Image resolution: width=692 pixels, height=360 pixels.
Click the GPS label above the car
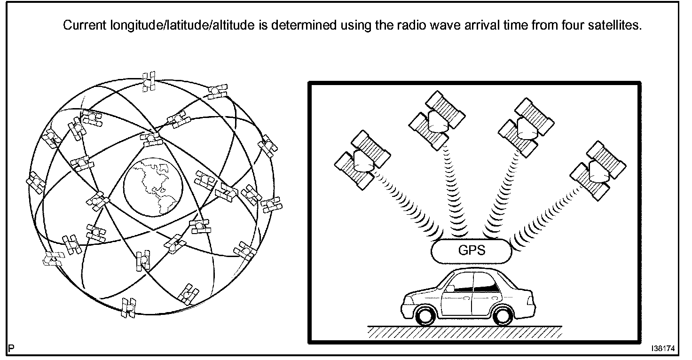coord(471,250)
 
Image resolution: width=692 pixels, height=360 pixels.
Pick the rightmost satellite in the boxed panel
coord(598,168)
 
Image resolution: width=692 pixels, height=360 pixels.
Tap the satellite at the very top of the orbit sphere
coord(149,81)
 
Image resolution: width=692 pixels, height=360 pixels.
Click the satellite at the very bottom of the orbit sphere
coord(128,307)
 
